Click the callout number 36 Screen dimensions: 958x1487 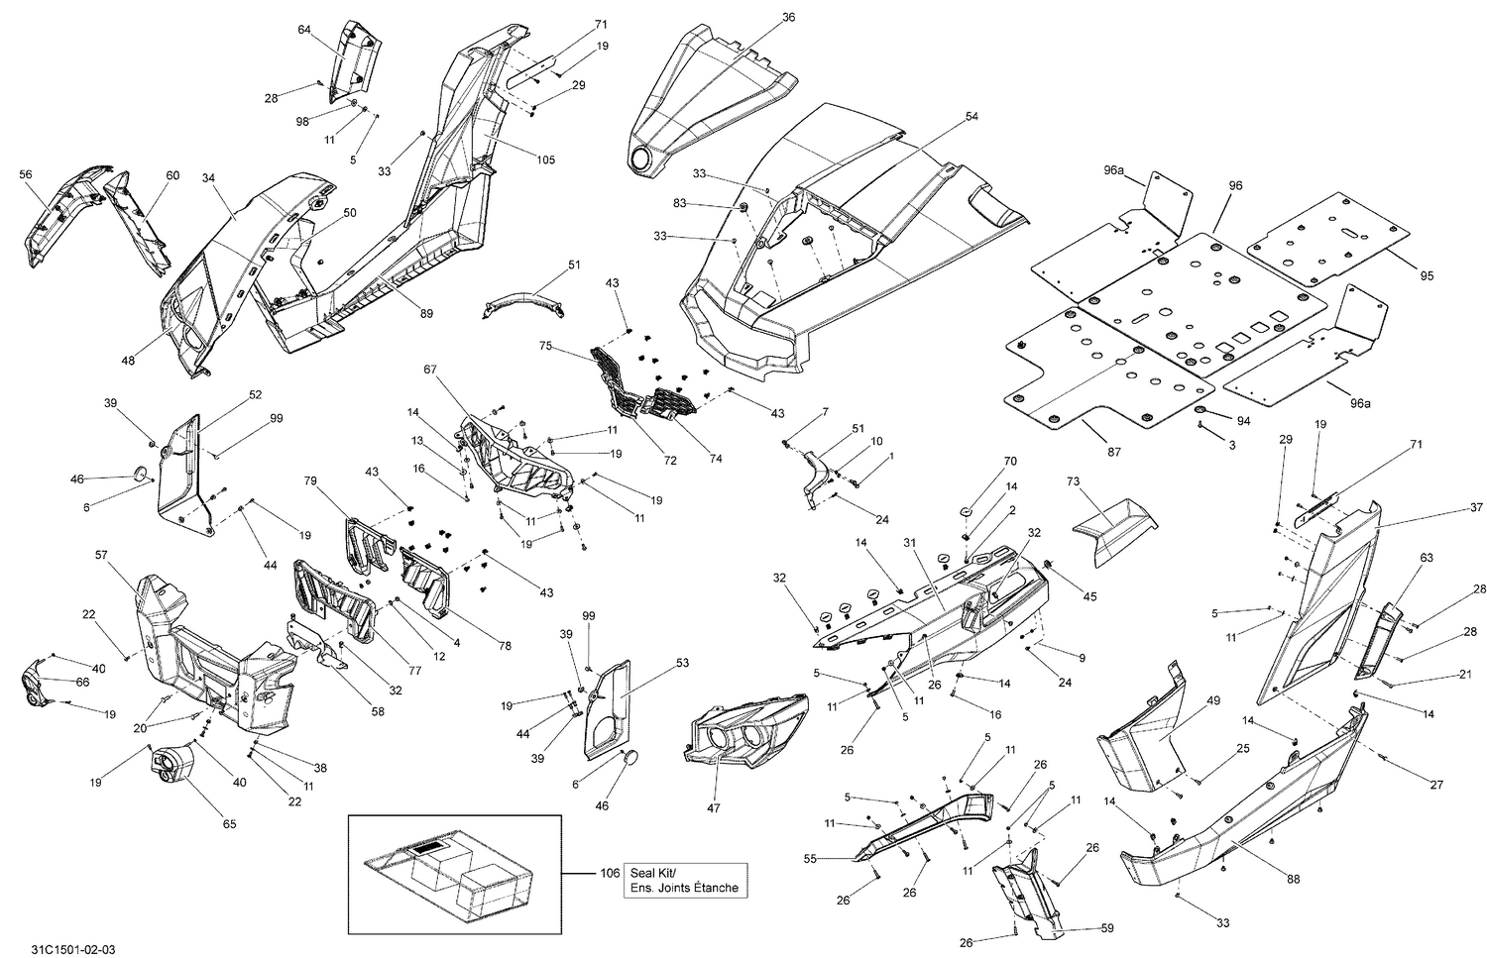tap(789, 17)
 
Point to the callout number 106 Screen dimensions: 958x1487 tap(610, 873)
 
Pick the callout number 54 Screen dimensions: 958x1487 tap(972, 117)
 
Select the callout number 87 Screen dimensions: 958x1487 tap(1114, 452)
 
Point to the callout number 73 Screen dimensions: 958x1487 tap(1073, 480)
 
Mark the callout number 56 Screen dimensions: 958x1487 tap(26, 174)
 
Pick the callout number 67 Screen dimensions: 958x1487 tap(429, 369)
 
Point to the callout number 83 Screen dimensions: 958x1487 tap(707, 203)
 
